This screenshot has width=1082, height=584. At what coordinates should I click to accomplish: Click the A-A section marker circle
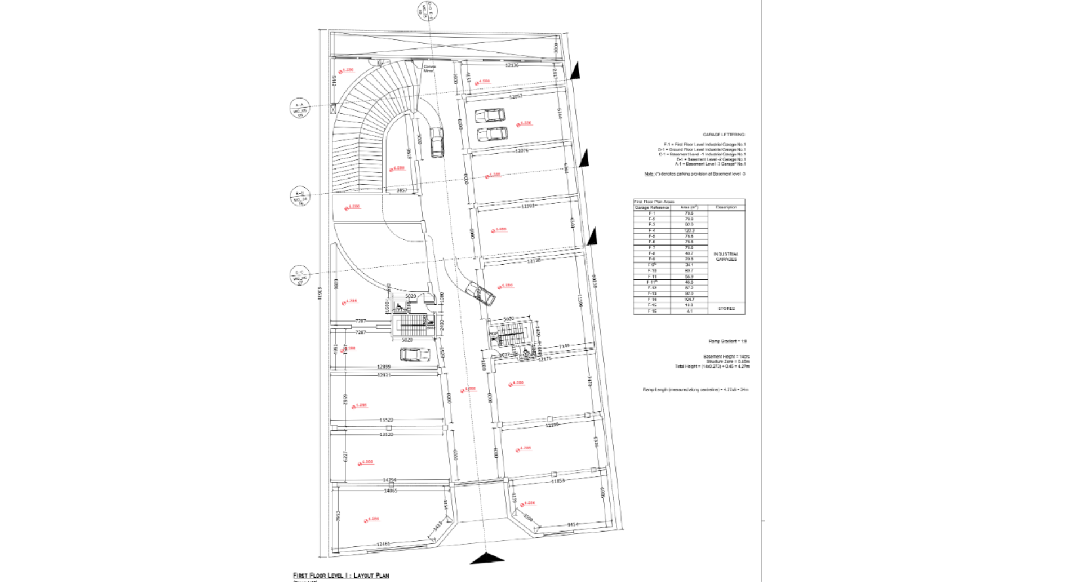click(300, 108)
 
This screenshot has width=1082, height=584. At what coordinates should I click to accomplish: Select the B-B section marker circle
click(300, 197)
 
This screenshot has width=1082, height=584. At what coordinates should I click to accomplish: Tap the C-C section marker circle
click(300, 276)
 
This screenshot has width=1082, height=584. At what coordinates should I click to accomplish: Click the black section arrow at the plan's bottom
click(487, 558)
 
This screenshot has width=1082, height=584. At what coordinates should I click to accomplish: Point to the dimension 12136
click(511, 65)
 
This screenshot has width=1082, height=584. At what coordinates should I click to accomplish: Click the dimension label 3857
click(401, 190)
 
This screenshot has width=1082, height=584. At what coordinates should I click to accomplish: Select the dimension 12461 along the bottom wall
click(383, 544)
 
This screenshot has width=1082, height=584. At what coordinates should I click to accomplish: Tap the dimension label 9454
click(573, 524)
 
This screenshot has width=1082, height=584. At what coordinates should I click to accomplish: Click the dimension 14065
click(390, 491)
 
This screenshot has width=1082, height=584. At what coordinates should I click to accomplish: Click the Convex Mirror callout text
click(429, 69)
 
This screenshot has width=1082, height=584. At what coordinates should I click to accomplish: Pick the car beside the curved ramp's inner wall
click(437, 142)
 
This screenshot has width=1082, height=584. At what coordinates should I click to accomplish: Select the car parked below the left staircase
click(414, 354)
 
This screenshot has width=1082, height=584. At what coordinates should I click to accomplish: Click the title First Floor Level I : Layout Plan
click(340, 575)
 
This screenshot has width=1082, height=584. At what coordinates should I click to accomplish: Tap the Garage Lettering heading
click(724, 135)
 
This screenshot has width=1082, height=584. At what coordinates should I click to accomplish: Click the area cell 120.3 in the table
click(689, 230)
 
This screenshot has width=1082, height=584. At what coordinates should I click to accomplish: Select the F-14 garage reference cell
click(652, 299)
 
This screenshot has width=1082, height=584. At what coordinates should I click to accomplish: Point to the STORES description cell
click(726, 309)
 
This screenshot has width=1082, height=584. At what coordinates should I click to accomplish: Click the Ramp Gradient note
click(728, 341)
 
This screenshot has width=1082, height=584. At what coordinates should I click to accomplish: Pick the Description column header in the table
click(726, 207)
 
